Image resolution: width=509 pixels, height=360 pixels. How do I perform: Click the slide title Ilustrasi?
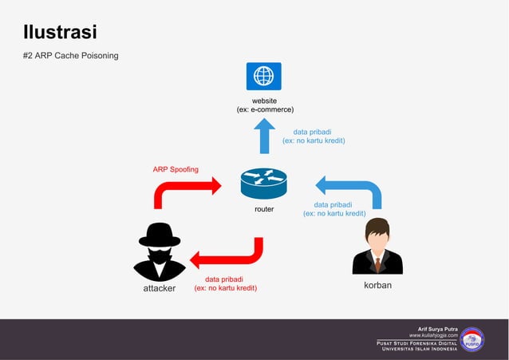point(60,33)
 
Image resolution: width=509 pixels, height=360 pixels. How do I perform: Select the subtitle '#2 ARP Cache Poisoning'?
point(71,56)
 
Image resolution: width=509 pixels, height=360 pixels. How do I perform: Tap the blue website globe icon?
point(263,76)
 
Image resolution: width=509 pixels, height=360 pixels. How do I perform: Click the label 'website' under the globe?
point(264,101)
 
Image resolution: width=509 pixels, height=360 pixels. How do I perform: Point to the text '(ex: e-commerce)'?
point(265,109)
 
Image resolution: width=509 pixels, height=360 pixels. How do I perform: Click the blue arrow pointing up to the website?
point(264,136)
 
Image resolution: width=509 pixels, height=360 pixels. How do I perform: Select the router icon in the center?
point(263,184)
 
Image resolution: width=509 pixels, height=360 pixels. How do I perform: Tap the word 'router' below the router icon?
point(264,209)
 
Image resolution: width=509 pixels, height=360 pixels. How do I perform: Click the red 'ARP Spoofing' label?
point(176,169)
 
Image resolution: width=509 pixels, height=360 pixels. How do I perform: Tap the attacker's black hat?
point(160,234)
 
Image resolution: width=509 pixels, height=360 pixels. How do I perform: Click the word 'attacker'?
point(160,288)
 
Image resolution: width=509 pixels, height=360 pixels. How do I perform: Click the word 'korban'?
point(377,285)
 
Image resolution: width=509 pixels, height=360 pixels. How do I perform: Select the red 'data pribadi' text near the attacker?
point(226,279)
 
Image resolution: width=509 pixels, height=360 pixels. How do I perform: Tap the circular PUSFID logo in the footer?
point(472,339)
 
